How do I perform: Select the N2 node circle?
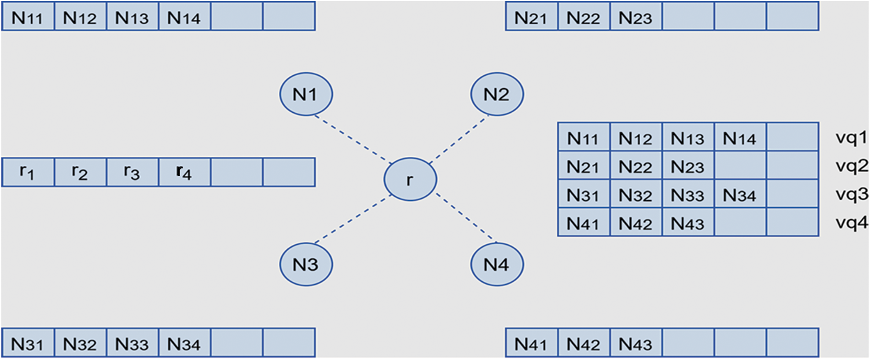(497, 94)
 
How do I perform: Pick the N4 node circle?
(497, 265)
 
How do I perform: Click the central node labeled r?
(410, 180)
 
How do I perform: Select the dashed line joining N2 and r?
(459, 139)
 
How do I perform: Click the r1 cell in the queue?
(28, 172)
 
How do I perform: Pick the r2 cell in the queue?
(80, 172)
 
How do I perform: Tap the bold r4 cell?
(184, 172)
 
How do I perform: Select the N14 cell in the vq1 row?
(740, 138)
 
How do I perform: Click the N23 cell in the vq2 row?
(688, 167)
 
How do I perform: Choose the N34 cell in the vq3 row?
(740, 195)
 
